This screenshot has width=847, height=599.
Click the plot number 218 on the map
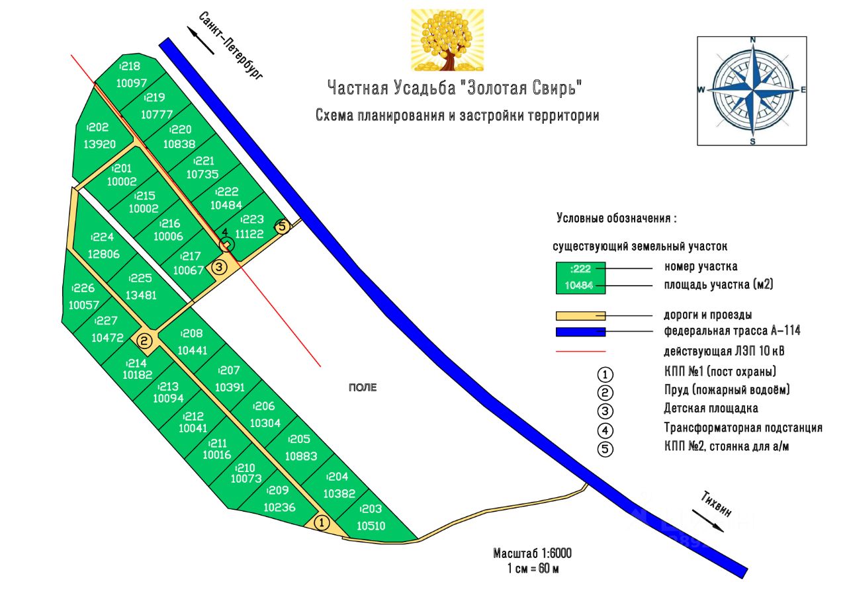pos(130,66)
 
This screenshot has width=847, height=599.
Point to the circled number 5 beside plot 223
pos(283,227)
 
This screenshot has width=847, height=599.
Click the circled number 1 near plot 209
pos(322,523)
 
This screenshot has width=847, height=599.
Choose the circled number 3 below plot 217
pos(220,267)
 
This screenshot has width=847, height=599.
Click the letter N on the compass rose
pos(752,40)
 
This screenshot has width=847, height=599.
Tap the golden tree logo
pos(447,40)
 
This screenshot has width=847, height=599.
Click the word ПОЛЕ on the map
pos(363,388)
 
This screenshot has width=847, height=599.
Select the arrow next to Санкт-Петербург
pos(202,41)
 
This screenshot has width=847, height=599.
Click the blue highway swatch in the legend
pos(580,331)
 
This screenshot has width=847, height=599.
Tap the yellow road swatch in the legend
pos(580,315)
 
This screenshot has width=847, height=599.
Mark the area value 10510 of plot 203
pos(371,526)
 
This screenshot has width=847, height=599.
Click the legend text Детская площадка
pos(711,409)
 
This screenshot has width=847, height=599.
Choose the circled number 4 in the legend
pos(605,430)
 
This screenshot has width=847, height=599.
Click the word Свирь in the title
pos(557,87)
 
